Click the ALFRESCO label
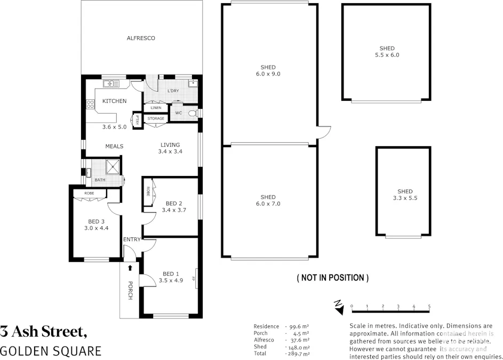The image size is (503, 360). (x=141, y=38)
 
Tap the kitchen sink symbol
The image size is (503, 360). (x=111, y=83)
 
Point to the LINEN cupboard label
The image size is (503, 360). (x=156, y=108)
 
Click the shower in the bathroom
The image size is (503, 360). (x=113, y=167)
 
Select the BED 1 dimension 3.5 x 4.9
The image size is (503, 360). (x=171, y=280)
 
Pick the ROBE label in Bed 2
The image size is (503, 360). (x=147, y=190)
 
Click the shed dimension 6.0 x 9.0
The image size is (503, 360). (x=268, y=74)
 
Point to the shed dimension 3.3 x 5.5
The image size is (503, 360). (x=404, y=198)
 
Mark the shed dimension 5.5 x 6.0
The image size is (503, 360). (x=387, y=55)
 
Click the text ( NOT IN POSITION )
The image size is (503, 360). (x=332, y=278)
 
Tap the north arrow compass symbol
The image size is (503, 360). (x=338, y=305)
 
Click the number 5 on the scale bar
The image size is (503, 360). (x=429, y=306)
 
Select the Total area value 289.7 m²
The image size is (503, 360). (x=299, y=354)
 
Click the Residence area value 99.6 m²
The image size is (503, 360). (x=299, y=326)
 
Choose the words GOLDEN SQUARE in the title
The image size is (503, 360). (x=51, y=351)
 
